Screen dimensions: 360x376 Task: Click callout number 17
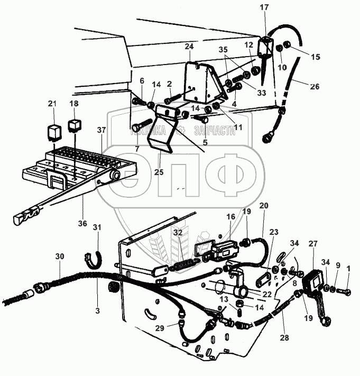pyautogui.click(x=264, y=8)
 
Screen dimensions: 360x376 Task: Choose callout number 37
pyautogui.click(x=100, y=130)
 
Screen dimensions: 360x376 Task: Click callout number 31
pyautogui.click(x=96, y=227)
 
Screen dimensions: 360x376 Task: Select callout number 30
pyautogui.click(x=59, y=256)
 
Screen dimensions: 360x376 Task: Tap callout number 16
pyautogui.click(x=230, y=216)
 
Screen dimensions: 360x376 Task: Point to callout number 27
pyautogui.click(x=312, y=243)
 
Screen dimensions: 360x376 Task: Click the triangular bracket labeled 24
pyautogui.click(x=204, y=82)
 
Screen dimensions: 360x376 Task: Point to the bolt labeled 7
pyautogui.click(x=136, y=126)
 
